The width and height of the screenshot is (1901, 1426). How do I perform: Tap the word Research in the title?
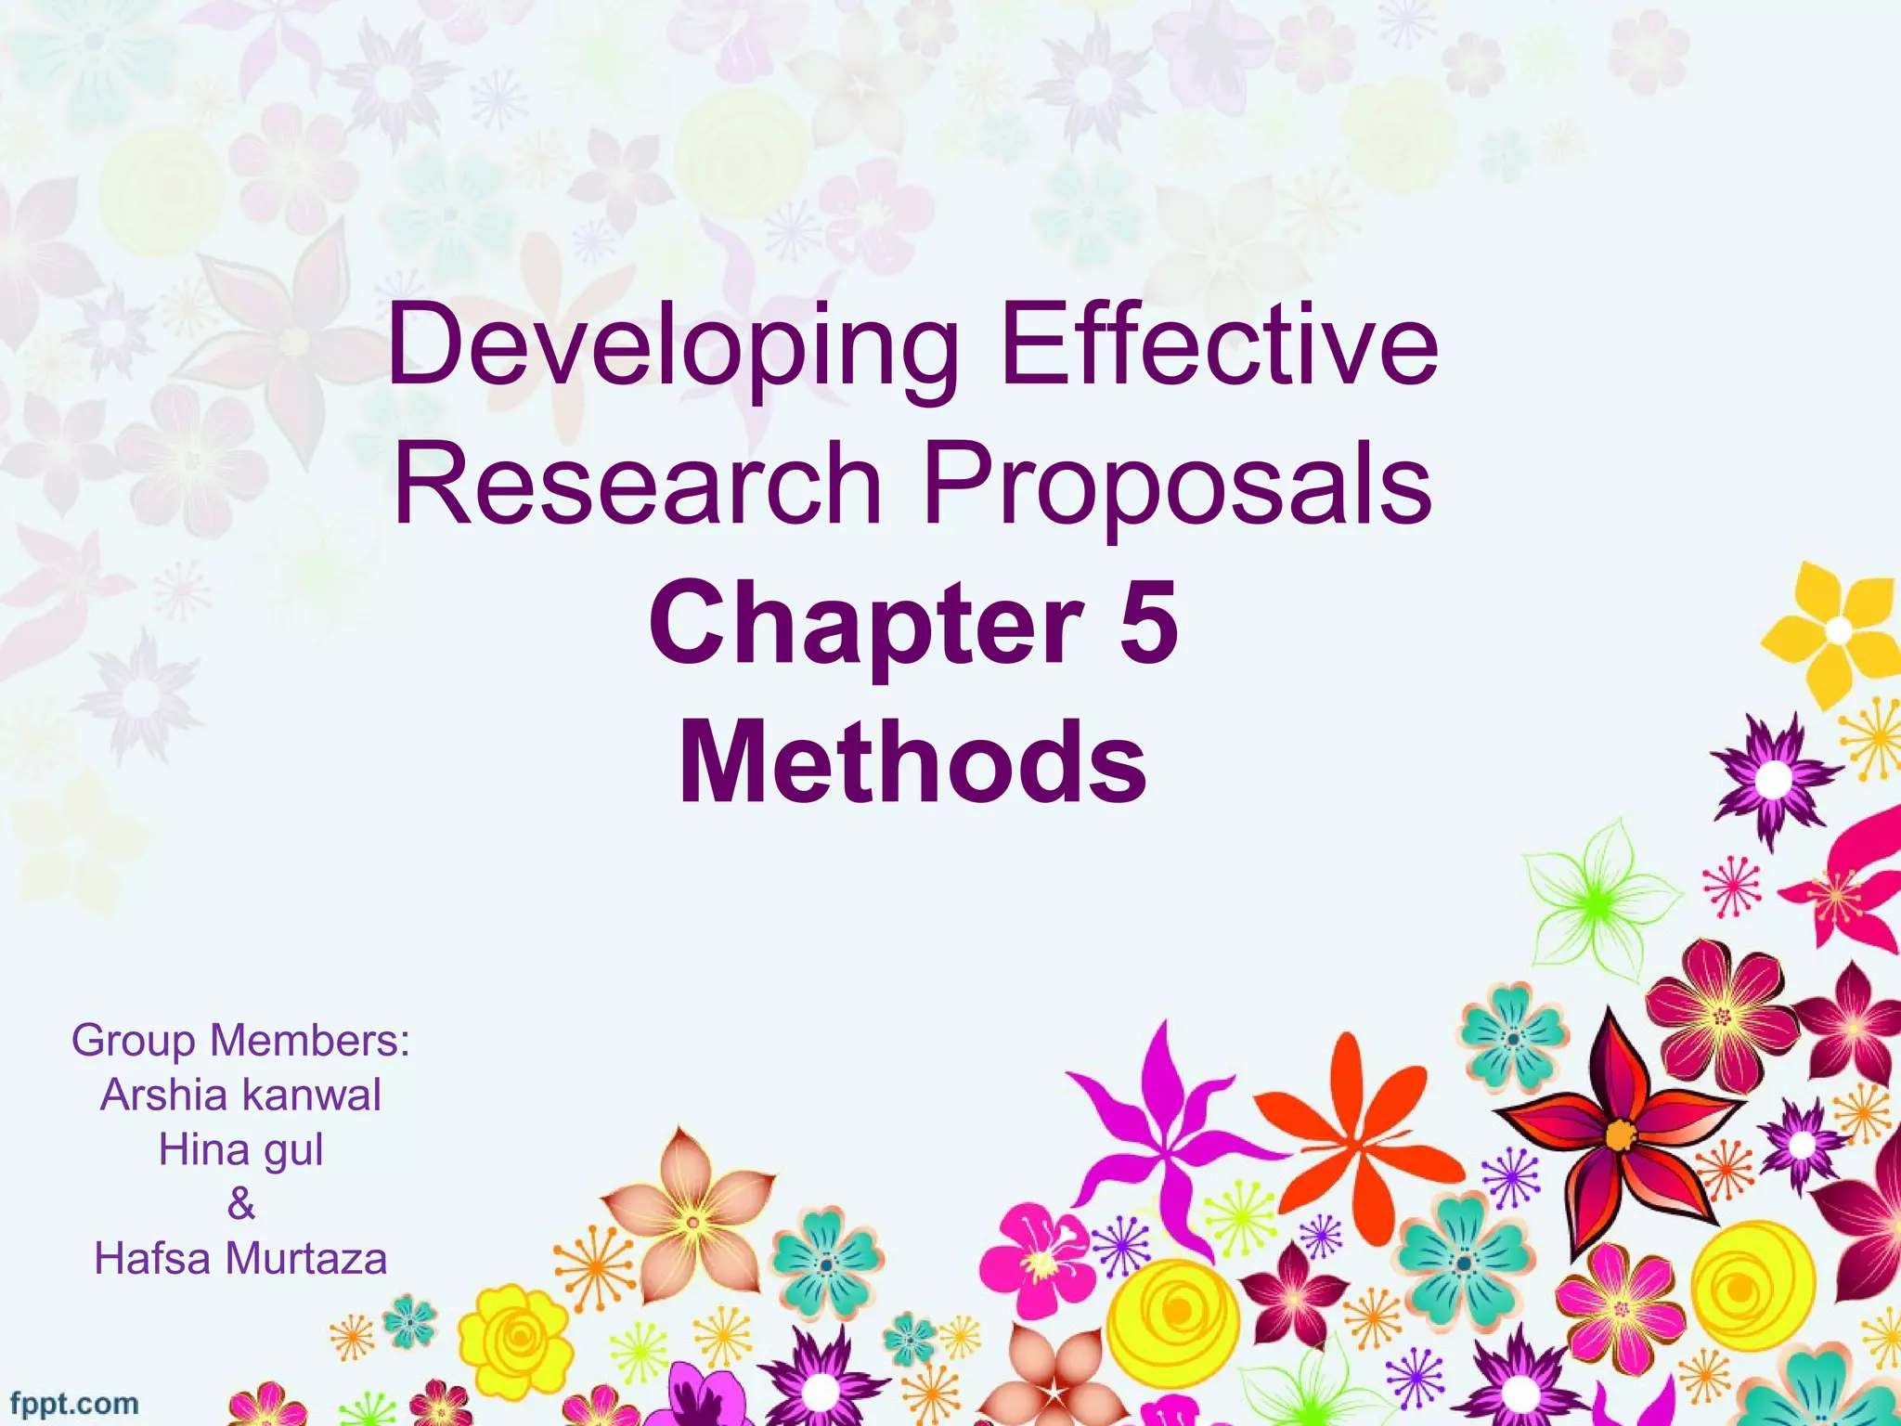[638, 484]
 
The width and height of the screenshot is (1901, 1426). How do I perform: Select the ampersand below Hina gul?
[240, 1204]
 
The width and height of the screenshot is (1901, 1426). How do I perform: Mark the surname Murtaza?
[305, 1259]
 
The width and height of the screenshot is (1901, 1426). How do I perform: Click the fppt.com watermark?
[74, 1403]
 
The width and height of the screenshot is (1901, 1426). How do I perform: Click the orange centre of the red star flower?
[1621, 1134]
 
